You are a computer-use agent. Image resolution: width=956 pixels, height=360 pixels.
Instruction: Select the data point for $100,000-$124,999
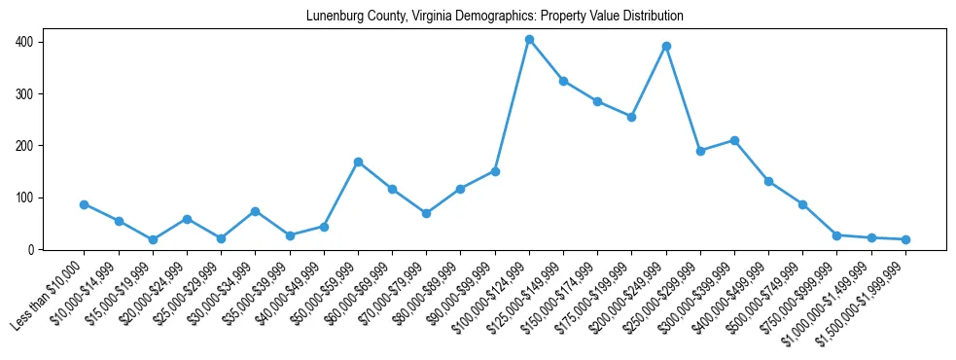(x=529, y=40)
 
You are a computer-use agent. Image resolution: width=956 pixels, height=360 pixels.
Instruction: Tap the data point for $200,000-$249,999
(x=666, y=46)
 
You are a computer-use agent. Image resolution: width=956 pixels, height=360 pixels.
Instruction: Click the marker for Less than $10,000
(x=85, y=204)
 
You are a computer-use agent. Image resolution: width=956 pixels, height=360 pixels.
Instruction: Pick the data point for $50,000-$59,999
(x=359, y=162)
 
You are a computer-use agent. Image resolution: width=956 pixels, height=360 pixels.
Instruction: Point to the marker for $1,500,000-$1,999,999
(x=905, y=239)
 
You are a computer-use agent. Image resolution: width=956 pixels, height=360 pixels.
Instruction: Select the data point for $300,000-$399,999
(x=734, y=140)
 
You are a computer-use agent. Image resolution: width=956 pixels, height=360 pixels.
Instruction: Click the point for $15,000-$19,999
(x=153, y=239)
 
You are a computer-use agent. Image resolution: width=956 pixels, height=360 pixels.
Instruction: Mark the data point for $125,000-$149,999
(x=563, y=81)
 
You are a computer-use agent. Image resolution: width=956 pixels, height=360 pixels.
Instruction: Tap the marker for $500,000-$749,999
(x=802, y=204)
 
